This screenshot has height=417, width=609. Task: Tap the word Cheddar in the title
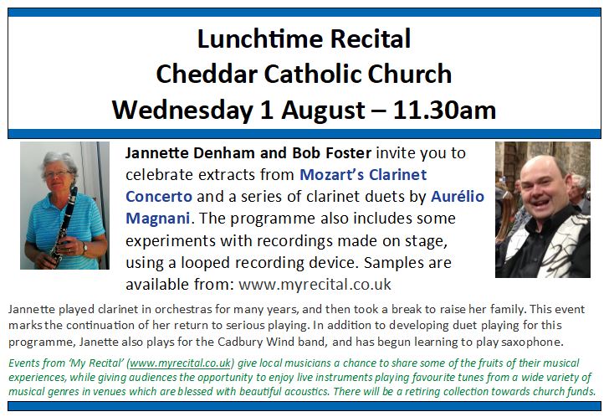[207, 75]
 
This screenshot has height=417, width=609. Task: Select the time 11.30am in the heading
[444, 110]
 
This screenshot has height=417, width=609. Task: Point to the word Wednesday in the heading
[182, 111]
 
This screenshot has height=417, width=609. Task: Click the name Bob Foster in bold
[331, 153]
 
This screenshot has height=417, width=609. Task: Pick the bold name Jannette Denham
[191, 153]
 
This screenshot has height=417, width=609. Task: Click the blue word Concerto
[159, 197]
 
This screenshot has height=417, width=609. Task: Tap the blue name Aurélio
[458, 196]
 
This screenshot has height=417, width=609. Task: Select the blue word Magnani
[157, 219]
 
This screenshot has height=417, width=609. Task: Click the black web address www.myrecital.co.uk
[315, 285]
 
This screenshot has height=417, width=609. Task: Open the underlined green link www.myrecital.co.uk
[180, 363]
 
